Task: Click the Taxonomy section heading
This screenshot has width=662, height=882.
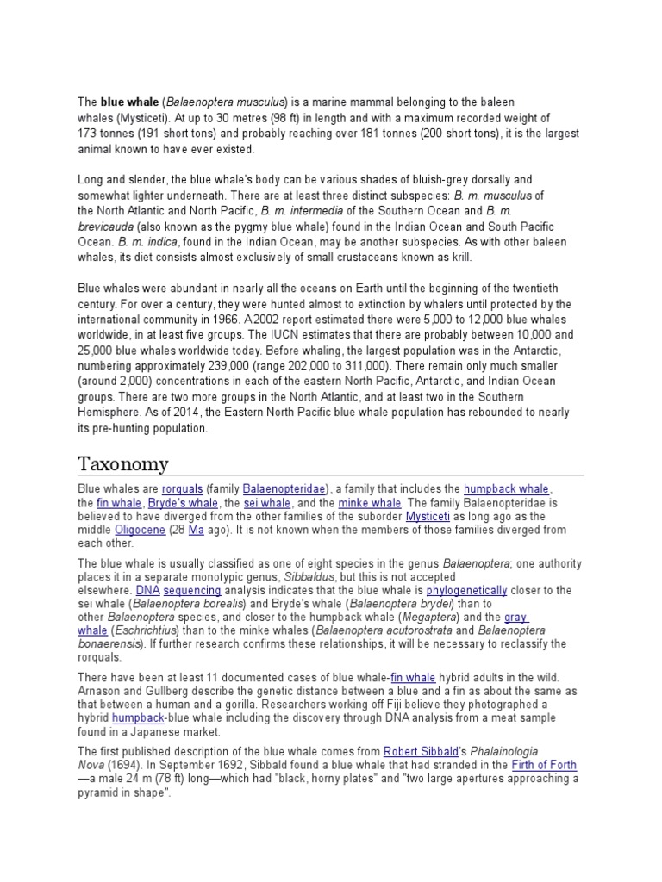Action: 123,463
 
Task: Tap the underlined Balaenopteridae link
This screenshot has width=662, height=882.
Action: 284,489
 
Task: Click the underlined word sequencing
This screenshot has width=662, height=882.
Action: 192,590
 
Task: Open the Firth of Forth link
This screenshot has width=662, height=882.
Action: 544,765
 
